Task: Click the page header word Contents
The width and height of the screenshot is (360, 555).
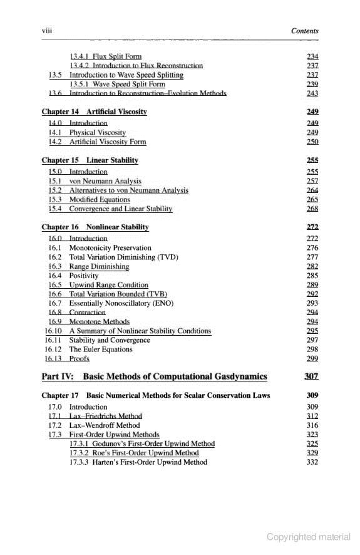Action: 305,31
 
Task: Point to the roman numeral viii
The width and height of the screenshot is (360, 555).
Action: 46,31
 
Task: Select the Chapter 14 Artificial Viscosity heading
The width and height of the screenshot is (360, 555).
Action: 94,112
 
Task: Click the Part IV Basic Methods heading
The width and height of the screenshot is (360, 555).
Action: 154,376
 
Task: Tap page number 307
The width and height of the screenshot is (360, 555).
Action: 311,376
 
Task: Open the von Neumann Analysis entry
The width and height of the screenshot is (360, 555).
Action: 105,180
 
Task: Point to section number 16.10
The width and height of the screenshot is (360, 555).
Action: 53,331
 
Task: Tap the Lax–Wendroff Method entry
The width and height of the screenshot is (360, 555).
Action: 104,425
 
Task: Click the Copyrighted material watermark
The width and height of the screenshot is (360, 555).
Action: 309,537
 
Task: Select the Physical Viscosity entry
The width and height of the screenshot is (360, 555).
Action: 97,133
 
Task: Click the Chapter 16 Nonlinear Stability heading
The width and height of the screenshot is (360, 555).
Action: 95,227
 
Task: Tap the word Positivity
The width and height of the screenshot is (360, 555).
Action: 84,276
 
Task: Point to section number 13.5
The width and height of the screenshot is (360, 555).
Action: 56,75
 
